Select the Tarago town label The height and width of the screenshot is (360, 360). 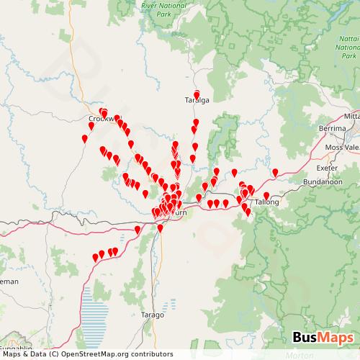[x=153, y=315]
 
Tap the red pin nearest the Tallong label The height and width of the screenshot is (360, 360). [x=266, y=196]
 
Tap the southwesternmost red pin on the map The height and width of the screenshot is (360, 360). [x=94, y=258]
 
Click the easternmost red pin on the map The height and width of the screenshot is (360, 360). [x=275, y=172]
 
